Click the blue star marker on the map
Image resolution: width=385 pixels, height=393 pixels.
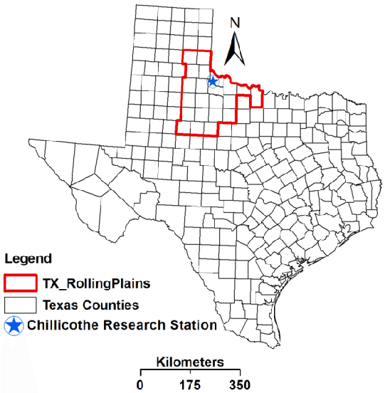212,81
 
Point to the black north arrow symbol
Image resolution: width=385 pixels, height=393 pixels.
236,49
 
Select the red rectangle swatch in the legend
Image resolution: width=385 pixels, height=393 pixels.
20,283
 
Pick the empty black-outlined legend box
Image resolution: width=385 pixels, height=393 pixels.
20,305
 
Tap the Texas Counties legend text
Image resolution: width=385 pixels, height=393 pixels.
90,305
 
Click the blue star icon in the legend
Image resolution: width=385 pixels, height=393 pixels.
14,326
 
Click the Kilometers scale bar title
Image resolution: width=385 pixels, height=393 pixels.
190,362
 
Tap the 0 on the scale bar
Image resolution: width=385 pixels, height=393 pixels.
140,385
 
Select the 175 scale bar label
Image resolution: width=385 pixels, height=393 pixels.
190,385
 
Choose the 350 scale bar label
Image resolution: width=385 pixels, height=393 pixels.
240,385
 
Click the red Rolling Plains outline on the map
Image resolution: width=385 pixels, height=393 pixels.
178,93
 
